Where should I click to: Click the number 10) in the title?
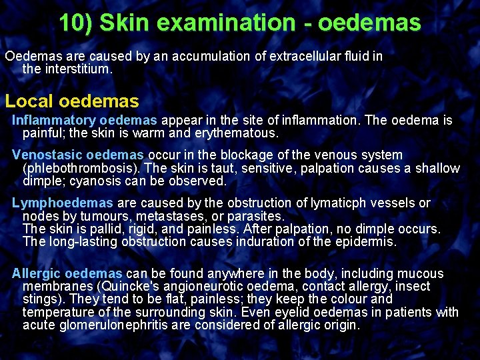[77, 23]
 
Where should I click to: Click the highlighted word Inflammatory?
[54, 121]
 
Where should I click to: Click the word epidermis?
[369, 241]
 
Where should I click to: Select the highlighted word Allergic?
[37, 273]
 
